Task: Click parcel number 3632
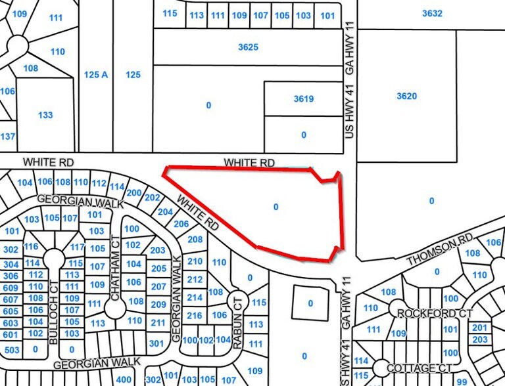tap(431, 12)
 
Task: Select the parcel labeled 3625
tap(248, 47)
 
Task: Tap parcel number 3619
tap(303, 99)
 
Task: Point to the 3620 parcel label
tap(407, 96)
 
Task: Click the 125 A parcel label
tap(96, 75)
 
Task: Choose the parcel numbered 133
tap(45, 115)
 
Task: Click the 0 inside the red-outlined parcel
tap(276, 207)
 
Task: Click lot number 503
tap(11, 349)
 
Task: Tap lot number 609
tap(11, 288)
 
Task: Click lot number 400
tap(123, 379)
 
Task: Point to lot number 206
tap(181, 223)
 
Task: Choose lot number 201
tap(480, 328)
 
